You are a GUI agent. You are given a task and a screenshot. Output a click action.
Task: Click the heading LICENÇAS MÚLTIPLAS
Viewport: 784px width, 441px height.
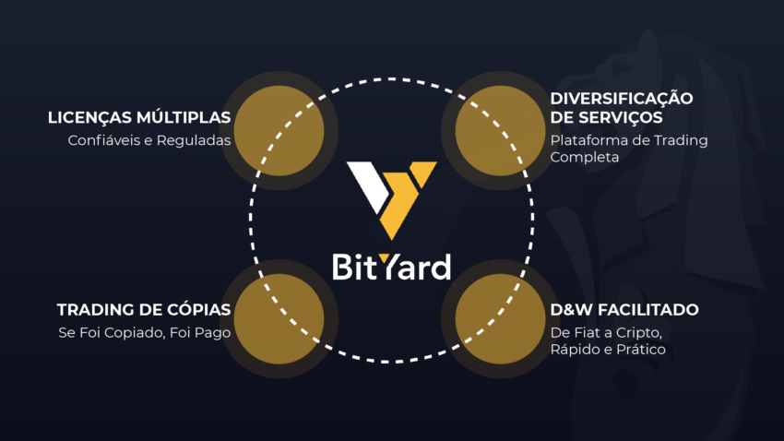click(139, 117)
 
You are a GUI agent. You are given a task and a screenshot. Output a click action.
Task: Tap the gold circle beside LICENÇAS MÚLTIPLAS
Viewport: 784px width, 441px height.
click(279, 130)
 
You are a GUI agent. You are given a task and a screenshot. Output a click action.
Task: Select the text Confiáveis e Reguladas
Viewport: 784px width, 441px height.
click(149, 140)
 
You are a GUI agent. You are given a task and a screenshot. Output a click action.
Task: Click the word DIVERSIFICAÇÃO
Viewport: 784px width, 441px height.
click(622, 99)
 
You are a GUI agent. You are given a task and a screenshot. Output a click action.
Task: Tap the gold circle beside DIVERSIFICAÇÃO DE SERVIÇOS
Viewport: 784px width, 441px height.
click(500, 130)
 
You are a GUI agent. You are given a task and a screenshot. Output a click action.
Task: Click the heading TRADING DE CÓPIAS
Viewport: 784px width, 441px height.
click(144, 309)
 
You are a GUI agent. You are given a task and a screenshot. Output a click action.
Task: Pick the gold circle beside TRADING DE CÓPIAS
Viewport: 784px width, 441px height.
click(279, 318)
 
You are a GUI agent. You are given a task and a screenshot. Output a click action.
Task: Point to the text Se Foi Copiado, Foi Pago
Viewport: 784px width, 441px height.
click(145, 332)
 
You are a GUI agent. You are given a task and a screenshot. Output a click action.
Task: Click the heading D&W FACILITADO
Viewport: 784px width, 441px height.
click(624, 309)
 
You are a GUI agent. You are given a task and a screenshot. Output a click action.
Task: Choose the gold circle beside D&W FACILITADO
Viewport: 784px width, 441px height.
click(500, 318)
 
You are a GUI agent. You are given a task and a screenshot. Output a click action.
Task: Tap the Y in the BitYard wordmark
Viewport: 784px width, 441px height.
click(387, 266)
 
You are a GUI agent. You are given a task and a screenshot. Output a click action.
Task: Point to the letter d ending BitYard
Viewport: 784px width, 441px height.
click(440, 267)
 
